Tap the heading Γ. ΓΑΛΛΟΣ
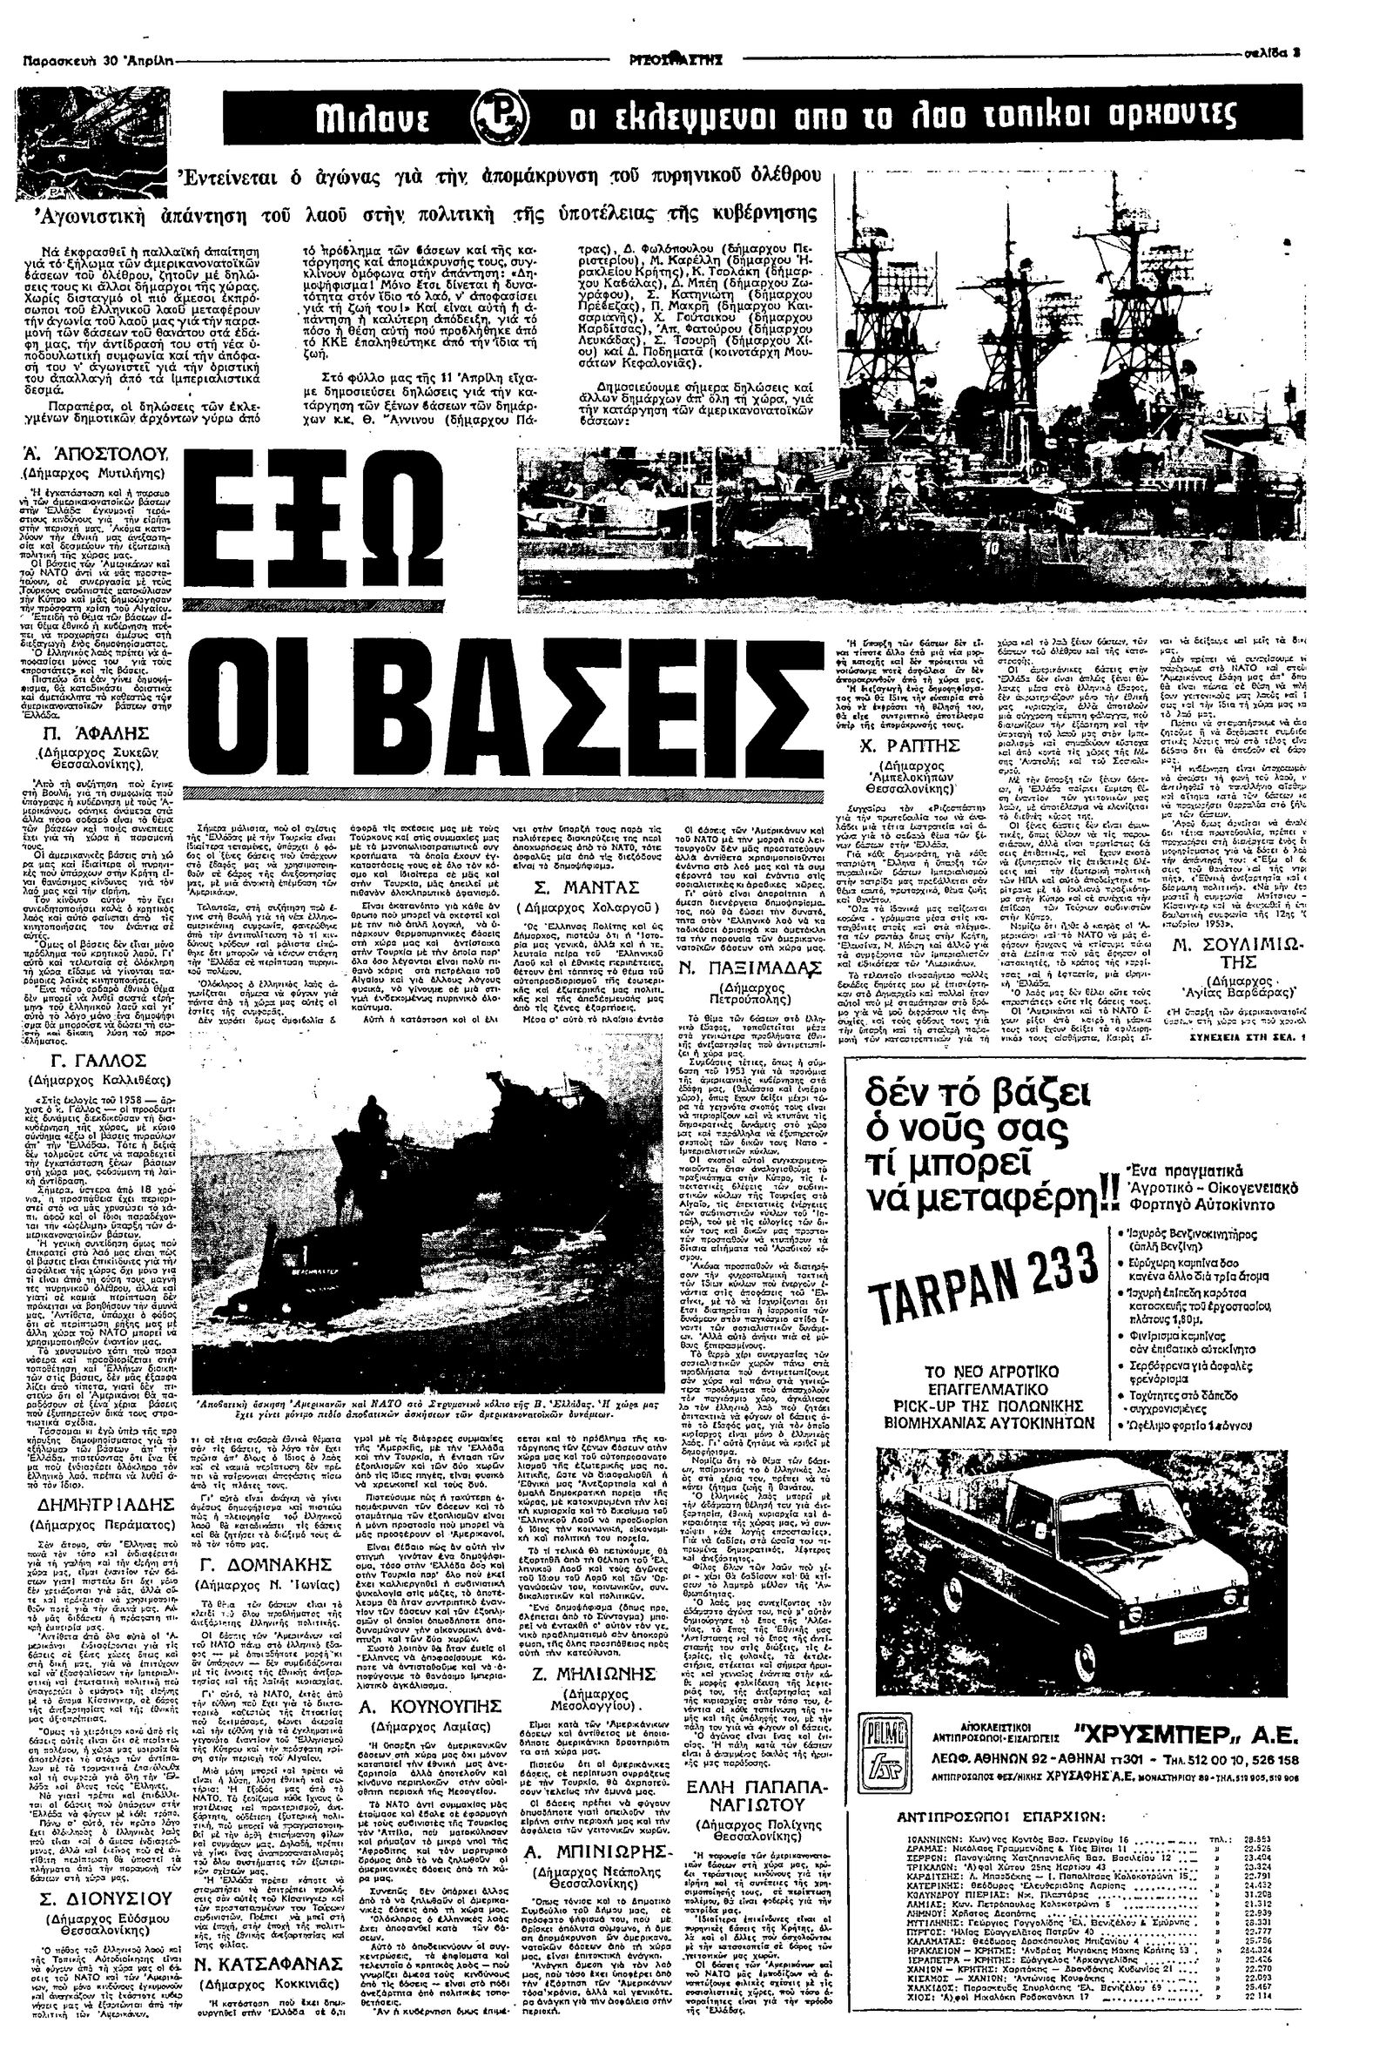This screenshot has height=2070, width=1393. pos(98,1062)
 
